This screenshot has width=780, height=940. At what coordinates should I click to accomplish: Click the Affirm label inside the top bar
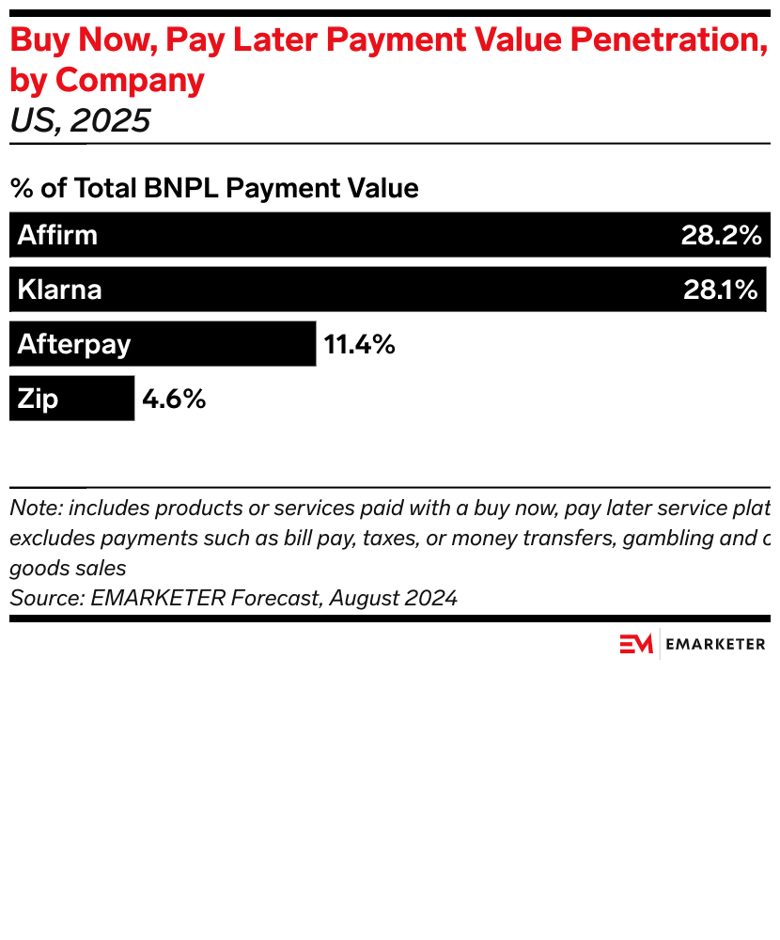tap(57, 235)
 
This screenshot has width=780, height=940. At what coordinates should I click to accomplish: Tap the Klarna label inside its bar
tap(59, 290)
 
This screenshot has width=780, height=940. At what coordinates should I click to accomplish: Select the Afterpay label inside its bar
tap(73, 344)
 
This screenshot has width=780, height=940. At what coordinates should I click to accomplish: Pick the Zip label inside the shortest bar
tap(38, 399)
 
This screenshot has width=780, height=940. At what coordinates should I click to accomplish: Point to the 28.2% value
tap(721, 235)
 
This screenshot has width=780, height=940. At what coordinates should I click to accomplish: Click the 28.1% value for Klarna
tap(720, 290)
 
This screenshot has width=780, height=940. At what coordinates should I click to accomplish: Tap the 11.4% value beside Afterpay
tap(359, 344)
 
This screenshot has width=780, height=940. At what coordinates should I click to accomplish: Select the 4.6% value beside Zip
tap(174, 399)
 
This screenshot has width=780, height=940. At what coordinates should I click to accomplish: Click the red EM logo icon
tap(635, 644)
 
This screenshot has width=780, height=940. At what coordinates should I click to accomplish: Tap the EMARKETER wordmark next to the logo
tap(715, 644)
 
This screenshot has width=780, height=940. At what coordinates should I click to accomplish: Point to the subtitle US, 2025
tap(80, 121)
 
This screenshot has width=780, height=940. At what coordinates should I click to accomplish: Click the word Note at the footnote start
tap(35, 509)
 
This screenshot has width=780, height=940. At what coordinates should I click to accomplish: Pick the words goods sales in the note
tap(68, 569)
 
